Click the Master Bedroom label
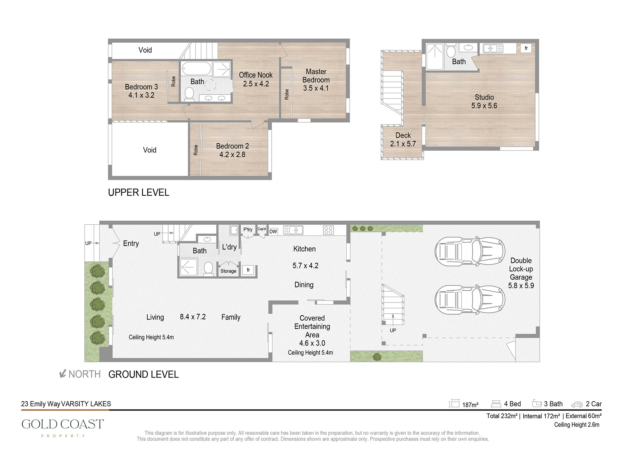pos(316,76)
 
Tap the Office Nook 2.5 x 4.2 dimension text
pos(256,84)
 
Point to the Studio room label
pos(484,97)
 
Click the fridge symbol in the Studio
pos(526,48)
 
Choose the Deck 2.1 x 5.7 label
pos(403,139)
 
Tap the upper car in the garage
pos(470,252)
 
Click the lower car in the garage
pos(470,300)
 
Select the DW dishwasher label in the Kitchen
pos(273,232)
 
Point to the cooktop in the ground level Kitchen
pos(329,230)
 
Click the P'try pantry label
pos(248,230)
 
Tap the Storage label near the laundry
pos(228,271)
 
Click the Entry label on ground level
pos(131,244)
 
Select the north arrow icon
pos(63,373)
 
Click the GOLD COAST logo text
pos(63,424)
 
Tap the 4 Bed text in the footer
pos(512,404)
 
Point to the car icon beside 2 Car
pos(577,405)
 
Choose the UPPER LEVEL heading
pos(139,192)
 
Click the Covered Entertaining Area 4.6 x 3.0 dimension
pos(312,343)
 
